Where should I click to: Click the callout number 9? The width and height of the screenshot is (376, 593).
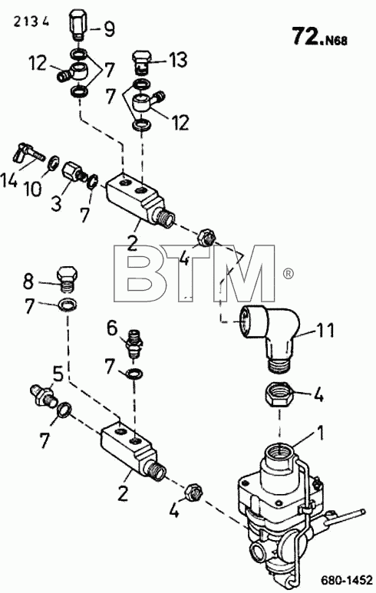click(x=108, y=28)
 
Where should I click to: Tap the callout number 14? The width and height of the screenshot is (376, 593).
click(x=8, y=180)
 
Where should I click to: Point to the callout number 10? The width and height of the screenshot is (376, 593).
click(x=33, y=189)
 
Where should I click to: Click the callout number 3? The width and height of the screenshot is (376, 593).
click(x=56, y=205)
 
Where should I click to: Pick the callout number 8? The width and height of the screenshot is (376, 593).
click(x=28, y=282)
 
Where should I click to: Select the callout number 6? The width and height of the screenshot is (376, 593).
click(x=112, y=328)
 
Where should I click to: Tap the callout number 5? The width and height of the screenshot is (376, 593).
click(x=57, y=375)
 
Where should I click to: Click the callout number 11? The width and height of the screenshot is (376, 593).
click(x=325, y=330)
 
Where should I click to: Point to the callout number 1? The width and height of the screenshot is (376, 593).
click(x=320, y=433)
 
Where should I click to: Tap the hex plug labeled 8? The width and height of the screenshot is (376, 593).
click(x=68, y=279)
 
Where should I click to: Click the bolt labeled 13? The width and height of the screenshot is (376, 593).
click(x=141, y=61)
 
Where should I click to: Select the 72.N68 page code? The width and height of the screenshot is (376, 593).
click(x=320, y=37)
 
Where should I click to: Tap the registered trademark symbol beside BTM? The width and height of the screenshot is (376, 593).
click(x=288, y=273)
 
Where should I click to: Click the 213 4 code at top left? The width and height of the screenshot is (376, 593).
click(x=31, y=21)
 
